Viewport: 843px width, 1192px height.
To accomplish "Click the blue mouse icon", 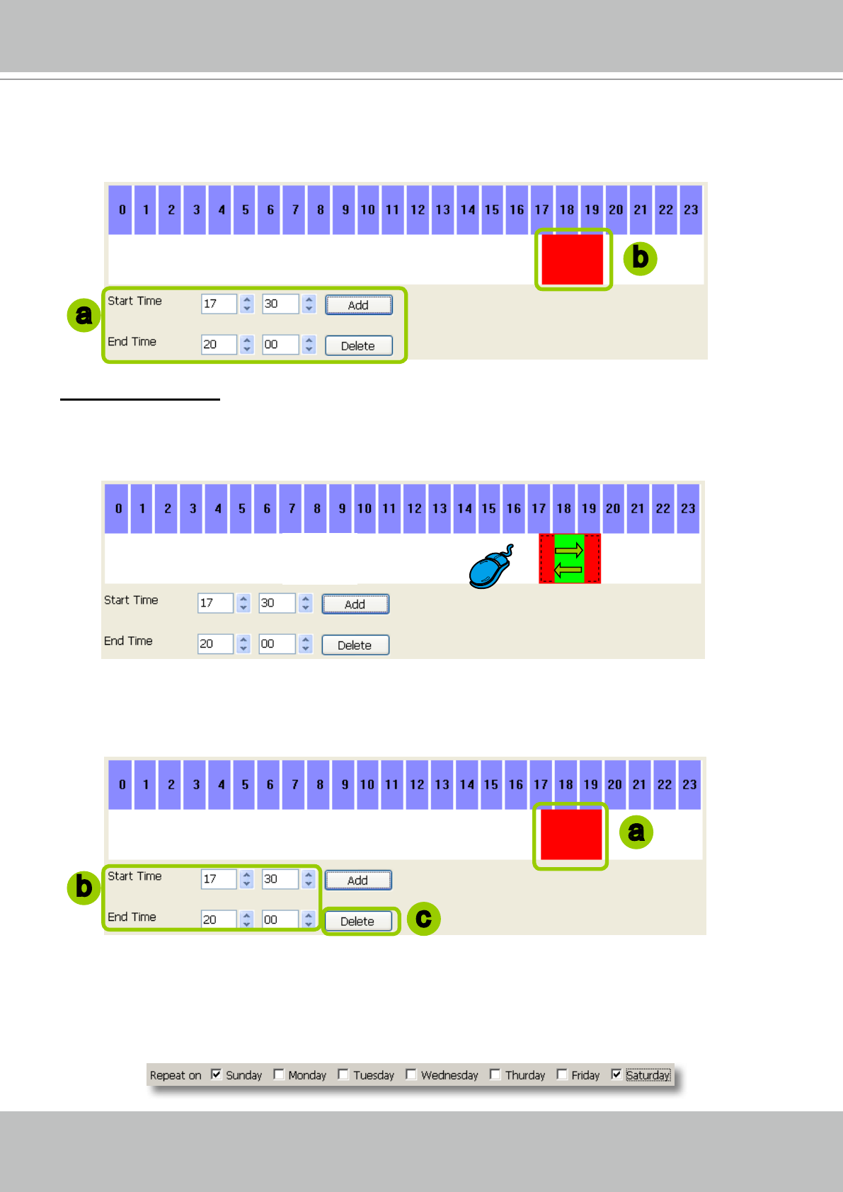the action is tap(490, 568).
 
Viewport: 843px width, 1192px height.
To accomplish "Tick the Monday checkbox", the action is tap(279, 1074).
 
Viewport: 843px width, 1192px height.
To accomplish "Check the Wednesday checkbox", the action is tap(411, 1074).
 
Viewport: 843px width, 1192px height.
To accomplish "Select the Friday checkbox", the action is tap(562, 1074).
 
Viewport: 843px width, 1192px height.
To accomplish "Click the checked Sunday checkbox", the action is tap(217, 1074).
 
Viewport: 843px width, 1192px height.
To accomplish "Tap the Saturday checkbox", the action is tap(617, 1074).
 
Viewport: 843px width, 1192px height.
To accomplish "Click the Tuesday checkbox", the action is tap(343, 1074).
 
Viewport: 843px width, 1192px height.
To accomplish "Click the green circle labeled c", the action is tap(423, 919).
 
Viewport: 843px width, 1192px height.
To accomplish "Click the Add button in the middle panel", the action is tap(355, 604).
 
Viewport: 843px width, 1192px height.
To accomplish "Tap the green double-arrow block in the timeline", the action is tap(569, 559).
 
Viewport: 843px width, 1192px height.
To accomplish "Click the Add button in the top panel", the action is tap(358, 305).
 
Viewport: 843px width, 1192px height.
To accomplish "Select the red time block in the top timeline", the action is tap(572, 259).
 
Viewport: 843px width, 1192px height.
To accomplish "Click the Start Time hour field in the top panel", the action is tap(218, 304).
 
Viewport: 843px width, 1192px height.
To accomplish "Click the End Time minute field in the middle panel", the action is tap(275, 644).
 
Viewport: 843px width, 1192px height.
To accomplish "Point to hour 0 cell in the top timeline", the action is tap(122, 210).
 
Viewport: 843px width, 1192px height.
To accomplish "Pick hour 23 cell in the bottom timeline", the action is tap(689, 784).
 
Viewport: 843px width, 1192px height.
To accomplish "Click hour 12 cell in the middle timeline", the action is tap(414, 508).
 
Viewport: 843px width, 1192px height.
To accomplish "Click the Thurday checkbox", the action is tap(495, 1074).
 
